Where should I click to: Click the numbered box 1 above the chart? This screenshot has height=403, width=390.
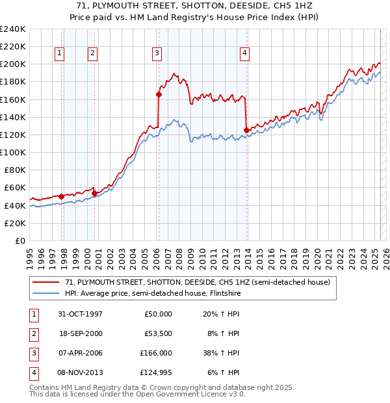(x=60, y=53)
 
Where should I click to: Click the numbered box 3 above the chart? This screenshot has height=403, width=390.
(x=157, y=53)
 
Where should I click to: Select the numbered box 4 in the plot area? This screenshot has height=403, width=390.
(x=245, y=53)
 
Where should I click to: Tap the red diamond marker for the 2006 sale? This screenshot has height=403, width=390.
(x=159, y=94)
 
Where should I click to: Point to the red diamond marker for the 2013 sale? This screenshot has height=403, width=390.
(x=246, y=131)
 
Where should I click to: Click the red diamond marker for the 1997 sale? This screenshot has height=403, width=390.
(x=62, y=196)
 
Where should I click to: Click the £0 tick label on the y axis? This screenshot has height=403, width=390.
(x=19, y=240)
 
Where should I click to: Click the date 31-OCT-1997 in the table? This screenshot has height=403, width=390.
(x=80, y=314)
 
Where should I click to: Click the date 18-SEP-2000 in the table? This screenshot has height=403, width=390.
(x=80, y=333)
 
